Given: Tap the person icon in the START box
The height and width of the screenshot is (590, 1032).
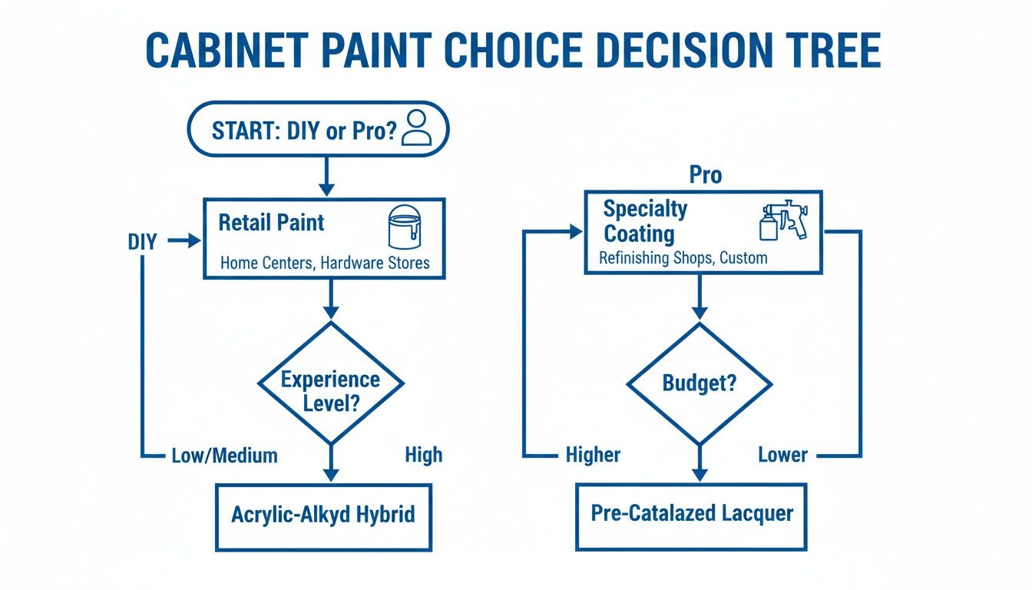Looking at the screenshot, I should [416, 128].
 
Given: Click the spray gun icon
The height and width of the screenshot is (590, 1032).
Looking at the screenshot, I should [782, 221].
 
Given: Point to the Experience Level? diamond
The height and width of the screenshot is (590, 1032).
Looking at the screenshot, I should [330, 382].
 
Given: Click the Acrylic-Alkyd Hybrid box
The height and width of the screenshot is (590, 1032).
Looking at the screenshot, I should [323, 515].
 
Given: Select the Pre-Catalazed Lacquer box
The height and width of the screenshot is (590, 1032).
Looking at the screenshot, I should [691, 514].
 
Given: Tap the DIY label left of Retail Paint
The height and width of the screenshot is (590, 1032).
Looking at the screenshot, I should [142, 242].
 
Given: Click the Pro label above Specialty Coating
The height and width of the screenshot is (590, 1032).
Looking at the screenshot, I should [705, 175].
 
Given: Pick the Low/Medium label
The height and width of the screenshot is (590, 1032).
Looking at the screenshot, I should [223, 456].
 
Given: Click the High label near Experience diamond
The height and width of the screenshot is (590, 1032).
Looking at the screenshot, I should [423, 455].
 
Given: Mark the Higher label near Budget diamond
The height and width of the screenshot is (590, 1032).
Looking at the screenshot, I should [593, 456].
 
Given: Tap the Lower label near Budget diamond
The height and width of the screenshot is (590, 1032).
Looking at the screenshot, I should [782, 455].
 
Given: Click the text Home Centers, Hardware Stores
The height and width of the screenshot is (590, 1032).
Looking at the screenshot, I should [325, 263].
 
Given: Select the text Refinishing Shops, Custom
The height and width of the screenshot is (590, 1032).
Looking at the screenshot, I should [683, 258].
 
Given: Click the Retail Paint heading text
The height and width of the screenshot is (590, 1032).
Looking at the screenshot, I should [271, 223].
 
